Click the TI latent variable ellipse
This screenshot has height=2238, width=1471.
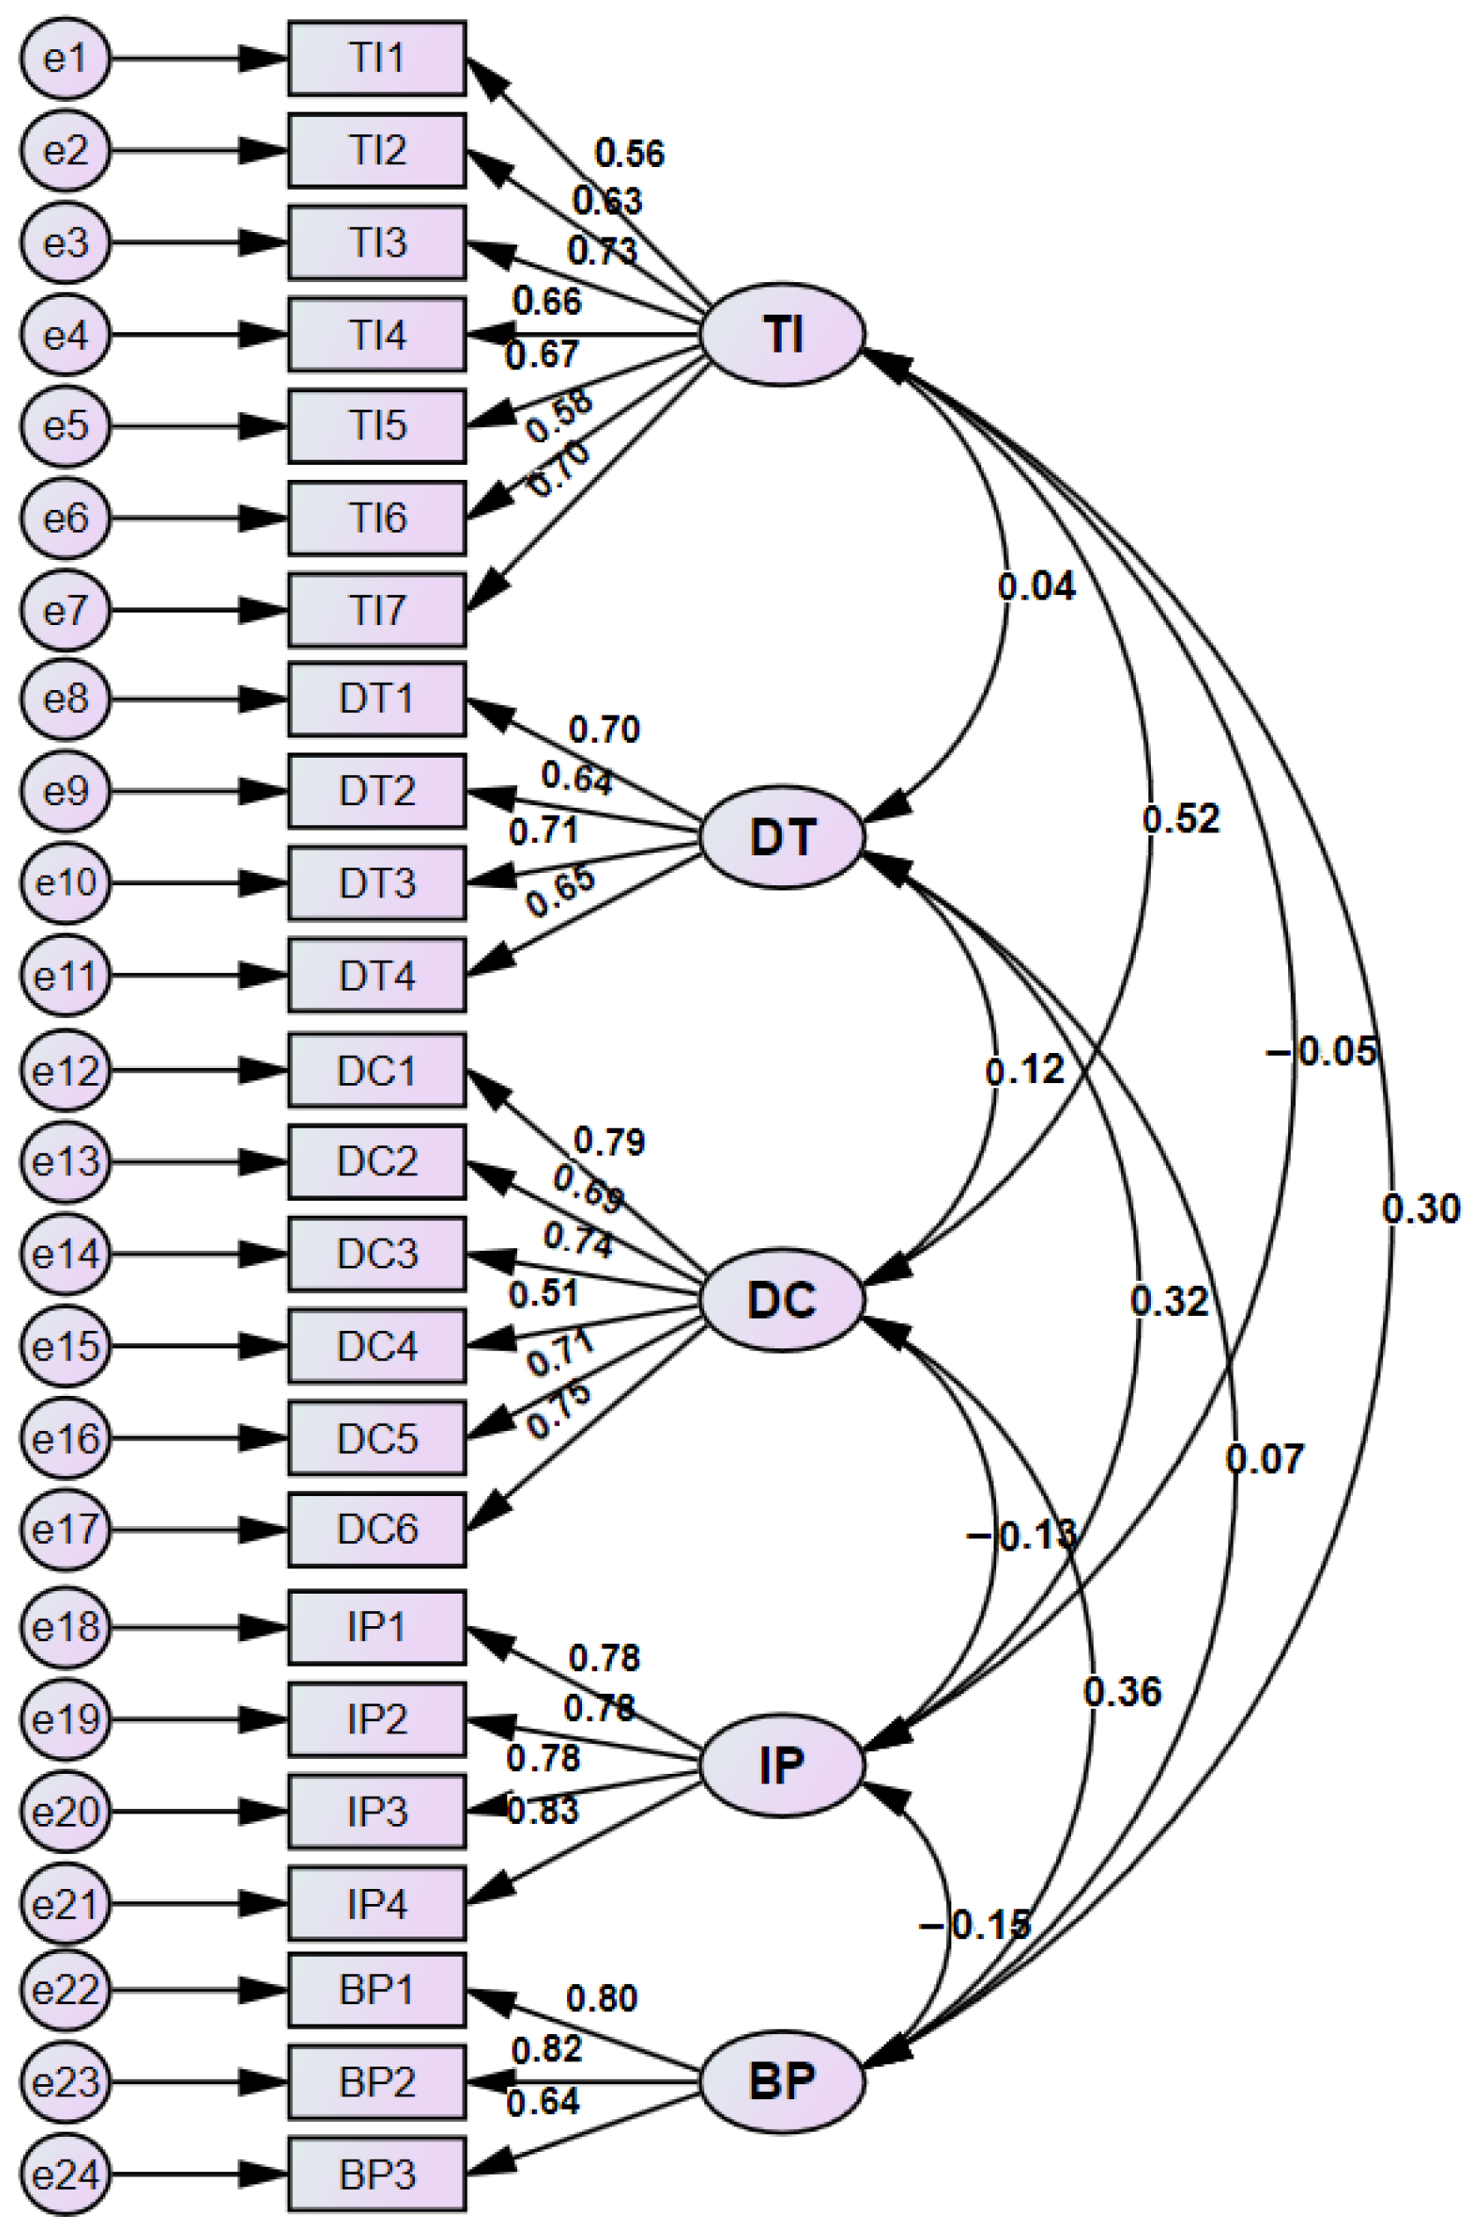[x=782, y=334]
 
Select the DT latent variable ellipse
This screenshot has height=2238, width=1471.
[x=782, y=836]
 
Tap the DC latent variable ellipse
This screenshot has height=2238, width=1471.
[x=782, y=1300]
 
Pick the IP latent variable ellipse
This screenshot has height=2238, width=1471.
[x=782, y=1766]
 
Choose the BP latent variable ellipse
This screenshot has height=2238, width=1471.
[x=782, y=2080]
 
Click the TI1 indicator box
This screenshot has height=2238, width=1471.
[x=376, y=58]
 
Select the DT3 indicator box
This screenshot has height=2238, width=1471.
[x=376, y=883]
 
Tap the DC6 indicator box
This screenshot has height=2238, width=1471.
[x=376, y=1530]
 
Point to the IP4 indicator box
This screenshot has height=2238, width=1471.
[x=376, y=1904]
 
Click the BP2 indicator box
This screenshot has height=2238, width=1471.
[x=376, y=2082]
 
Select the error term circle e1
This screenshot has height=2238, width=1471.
[x=66, y=59]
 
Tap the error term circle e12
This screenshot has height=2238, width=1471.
[x=66, y=1071]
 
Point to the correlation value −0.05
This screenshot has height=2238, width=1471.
[x=1322, y=1051]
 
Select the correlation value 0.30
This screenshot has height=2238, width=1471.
[x=1420, y=1209]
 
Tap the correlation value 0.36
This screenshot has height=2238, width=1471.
[x=1121, y=1691]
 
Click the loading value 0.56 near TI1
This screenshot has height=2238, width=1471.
[x=630, y=153]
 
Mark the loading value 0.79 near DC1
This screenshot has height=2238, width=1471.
[x=609, y=1142]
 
